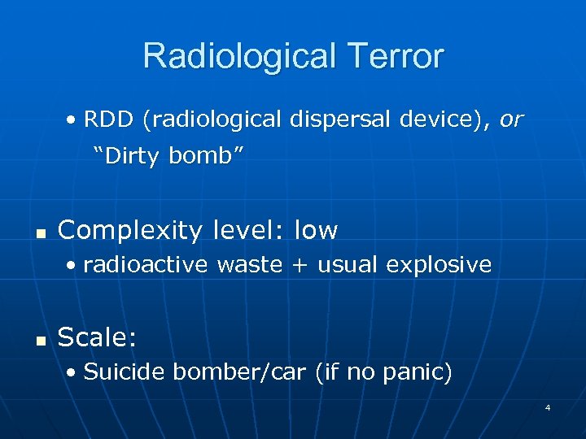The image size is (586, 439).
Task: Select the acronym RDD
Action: [110, 120]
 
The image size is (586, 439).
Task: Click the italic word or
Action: [512, 120]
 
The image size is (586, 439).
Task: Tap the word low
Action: [316, 231]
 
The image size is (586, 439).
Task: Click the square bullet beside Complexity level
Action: [37, 233]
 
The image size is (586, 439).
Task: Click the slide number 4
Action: [548, 406]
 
